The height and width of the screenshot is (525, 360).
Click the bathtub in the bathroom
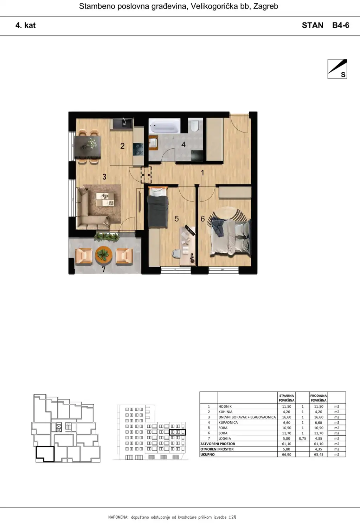[165, 126]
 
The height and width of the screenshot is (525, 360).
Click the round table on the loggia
[103, 255]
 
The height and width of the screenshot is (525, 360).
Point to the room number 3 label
[104, 177]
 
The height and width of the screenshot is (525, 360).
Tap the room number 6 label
[202, 219]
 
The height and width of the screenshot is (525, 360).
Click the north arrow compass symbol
[337, 69]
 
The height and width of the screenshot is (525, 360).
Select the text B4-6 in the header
[341, 25]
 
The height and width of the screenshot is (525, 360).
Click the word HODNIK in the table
[225, 407]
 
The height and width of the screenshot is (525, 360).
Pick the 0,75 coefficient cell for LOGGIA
[303, 439]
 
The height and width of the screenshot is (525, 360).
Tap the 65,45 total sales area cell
[319, 454]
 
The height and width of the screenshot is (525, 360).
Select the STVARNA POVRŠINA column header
[287, 398]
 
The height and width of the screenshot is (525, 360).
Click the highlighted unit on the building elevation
[177, 432]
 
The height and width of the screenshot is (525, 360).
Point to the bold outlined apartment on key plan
[45, 454]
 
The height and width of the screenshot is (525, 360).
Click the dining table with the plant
[88, 147]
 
